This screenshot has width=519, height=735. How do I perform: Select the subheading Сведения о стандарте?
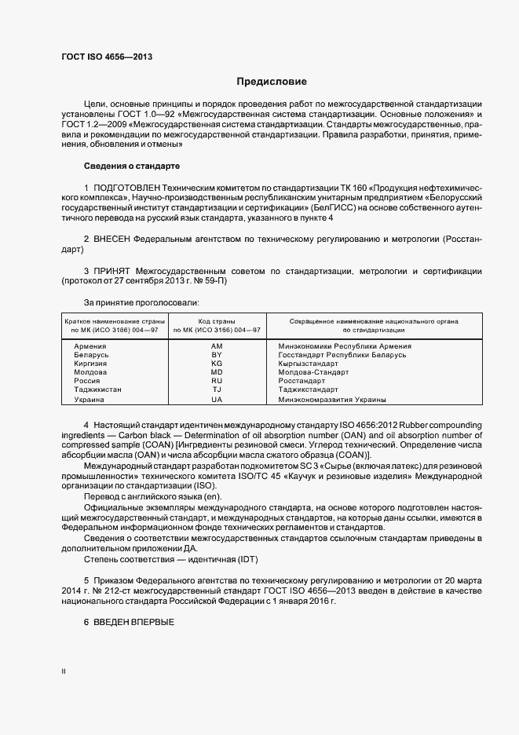tap(132, 166)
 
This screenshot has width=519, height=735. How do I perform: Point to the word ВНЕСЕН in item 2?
tap(111, 237)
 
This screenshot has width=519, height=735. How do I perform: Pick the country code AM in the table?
tap(217, 346)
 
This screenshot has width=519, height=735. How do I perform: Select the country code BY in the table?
tap(217, 355)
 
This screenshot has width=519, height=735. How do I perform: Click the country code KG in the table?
tap(217, 364)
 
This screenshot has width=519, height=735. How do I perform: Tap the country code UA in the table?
tap(217, 400)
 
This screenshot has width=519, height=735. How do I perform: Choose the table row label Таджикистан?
tap(98, 390)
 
